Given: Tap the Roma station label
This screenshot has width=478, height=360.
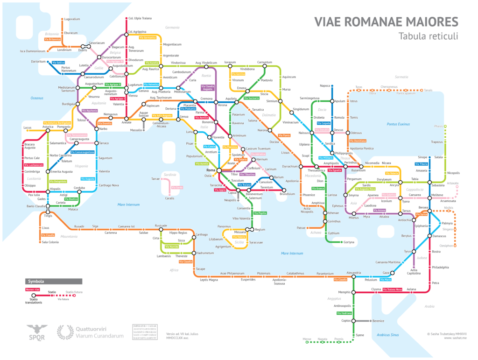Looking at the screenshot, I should tap(211, 170).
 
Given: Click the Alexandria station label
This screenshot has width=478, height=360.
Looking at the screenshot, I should tap(354, 272).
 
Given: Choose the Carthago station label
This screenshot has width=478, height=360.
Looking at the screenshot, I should tap(201, 234).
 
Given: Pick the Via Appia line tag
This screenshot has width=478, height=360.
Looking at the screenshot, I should tap(220, 190).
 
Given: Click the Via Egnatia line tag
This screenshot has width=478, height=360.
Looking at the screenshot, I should tap(335, 170).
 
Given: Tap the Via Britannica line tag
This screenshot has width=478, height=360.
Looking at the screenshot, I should tap(53, 39).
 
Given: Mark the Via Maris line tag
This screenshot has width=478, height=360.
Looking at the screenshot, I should tap(385, 280).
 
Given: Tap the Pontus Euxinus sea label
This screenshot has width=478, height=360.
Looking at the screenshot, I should tap(398, 124).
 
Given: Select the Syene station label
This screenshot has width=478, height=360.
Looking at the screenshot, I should tap(360, 335).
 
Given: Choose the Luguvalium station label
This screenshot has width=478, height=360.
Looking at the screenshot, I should tap(72, 19).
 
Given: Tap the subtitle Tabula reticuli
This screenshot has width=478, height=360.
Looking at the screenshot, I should tap(429, 36).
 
